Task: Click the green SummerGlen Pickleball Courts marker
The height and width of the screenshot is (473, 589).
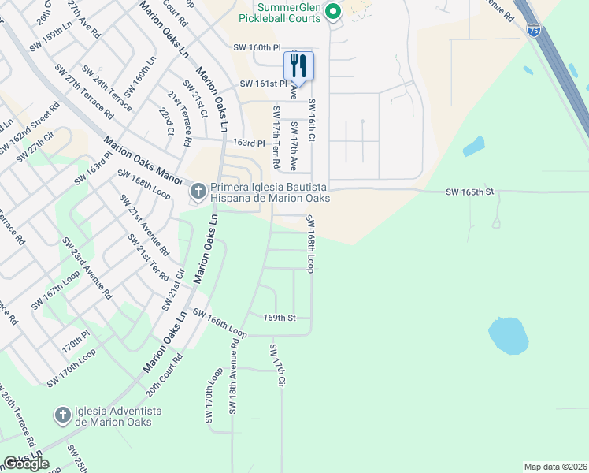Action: click(x=332, y=11)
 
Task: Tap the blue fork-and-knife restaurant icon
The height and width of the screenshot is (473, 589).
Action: click(x=298, y=65)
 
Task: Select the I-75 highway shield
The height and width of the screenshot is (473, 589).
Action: click(x=536, y=29)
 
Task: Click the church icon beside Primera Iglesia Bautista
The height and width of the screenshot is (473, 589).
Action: click(x=198, y=191)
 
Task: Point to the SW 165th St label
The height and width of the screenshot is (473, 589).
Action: click(x=469, y=192)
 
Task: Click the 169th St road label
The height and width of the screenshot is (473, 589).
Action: click(x=279, y=318)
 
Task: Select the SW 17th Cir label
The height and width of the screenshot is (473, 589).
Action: click(x=276, y=366)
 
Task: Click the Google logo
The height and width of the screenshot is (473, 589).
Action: click(x=26, y=464)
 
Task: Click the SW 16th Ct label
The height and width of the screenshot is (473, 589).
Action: click(x=312, y=121)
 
